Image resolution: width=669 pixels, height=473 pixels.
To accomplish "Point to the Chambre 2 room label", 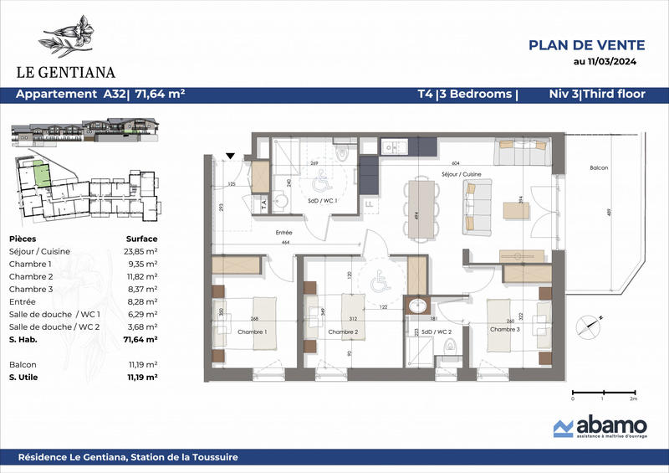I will click(342, 332).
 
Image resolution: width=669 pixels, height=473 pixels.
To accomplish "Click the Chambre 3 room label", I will click(504, 329).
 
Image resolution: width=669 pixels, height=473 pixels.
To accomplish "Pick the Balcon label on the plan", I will click(598, 168).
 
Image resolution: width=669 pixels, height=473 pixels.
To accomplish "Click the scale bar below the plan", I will click(602, 393).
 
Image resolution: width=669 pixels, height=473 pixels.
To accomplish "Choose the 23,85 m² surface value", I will click(141, 251).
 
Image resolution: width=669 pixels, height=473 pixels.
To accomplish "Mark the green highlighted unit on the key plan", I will click(38, 173).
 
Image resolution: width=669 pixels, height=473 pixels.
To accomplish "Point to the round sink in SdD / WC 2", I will click(416, 306).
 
